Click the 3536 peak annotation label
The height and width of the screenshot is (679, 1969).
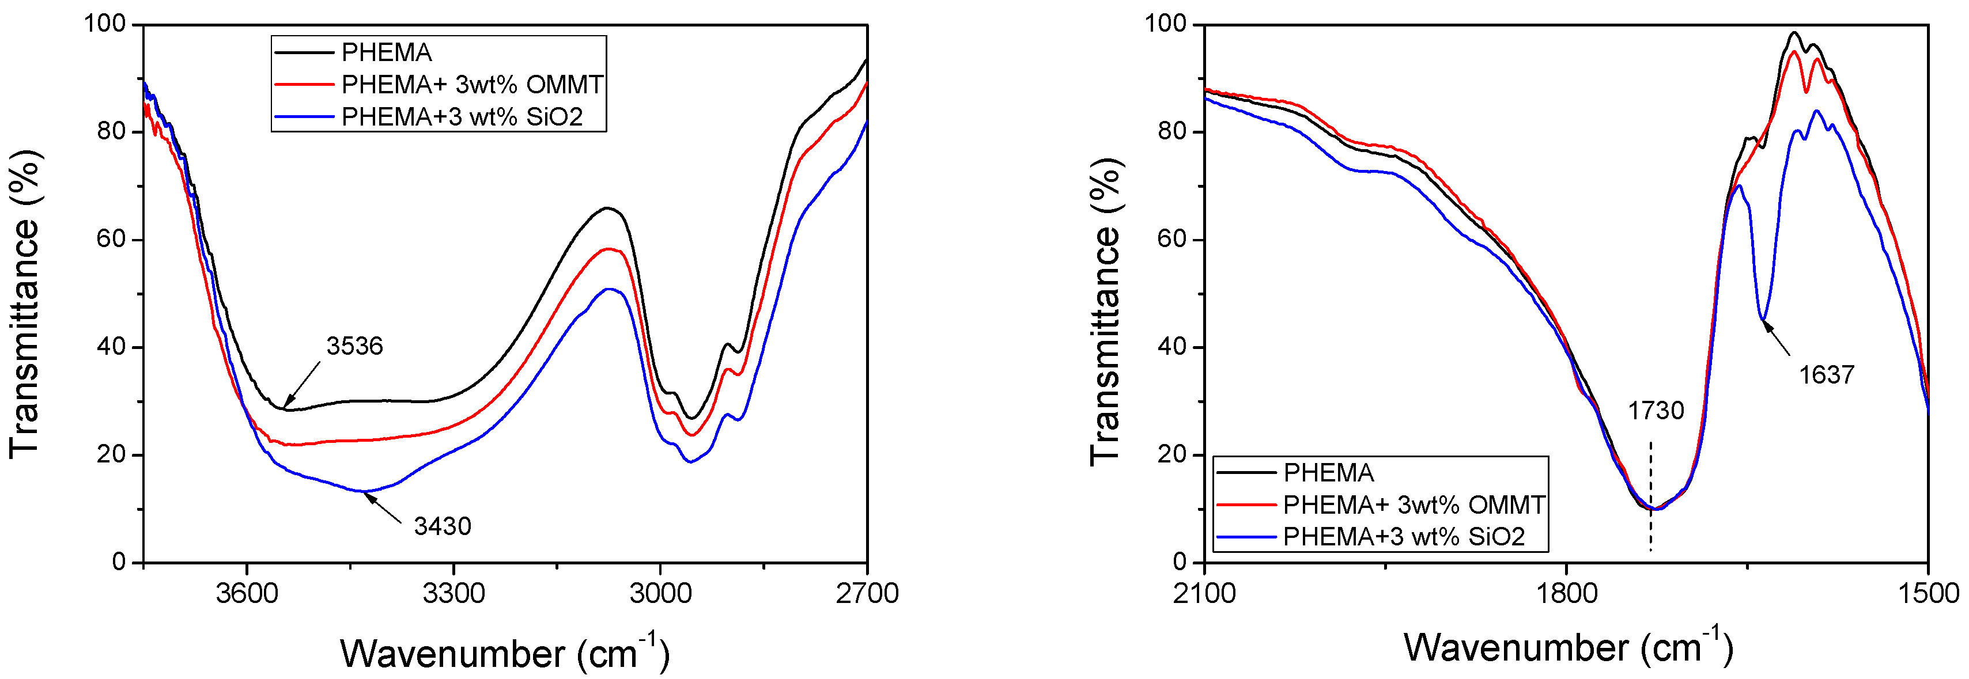click(x=354, y=347)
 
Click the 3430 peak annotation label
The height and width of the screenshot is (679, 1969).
click(x=443, y=526)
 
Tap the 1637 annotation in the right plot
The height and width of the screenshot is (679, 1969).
click(x=1826, y=375)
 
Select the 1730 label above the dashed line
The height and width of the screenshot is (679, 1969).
click(x=1656, y=411)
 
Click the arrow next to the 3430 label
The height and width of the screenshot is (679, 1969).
click(x=382, y=509)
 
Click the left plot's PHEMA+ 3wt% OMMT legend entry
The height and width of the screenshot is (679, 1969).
click(x=471, y=84)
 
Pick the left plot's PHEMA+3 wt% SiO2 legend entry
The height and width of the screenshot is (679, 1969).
click(x=462, y=117)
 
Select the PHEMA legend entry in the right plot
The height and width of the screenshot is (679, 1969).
click(x=1328, y=473)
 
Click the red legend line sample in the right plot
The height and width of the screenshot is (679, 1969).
click(x=1246, y=505)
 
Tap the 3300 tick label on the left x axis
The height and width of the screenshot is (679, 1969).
click(x=453, y=593)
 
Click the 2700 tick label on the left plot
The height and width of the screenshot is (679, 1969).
click(x=867, y=593)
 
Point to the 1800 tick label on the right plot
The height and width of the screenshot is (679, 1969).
click(x=1566, y=593)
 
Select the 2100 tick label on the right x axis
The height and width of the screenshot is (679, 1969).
click(x=1205, y=593)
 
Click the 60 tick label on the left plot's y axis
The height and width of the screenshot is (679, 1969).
click(x=112, y=239)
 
